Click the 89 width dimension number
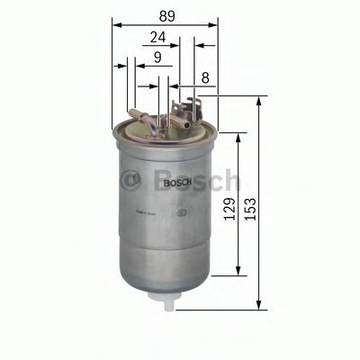tap(166, 15)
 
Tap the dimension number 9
tap(157, 58)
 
